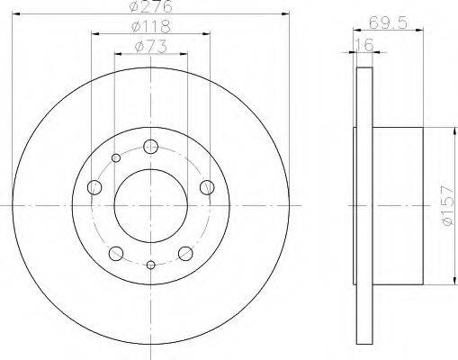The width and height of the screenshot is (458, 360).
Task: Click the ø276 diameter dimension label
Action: pos(151,6)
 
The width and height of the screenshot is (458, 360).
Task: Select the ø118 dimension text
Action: pos(151,26)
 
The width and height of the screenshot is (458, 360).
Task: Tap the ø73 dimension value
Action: pos(151,47)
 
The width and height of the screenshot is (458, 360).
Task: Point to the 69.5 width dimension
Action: pos(388,22)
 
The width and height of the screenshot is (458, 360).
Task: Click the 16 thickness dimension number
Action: pos(364,45)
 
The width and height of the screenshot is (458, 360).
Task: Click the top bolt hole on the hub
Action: pos(150,147)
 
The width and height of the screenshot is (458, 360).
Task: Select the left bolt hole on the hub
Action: pos(94,187)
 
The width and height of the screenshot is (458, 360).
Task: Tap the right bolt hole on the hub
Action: pos(207,187)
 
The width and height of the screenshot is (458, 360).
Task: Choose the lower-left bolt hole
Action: pos(116,254)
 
